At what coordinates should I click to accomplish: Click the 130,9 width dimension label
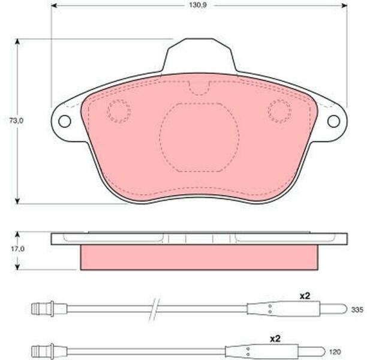(x=198, y=5)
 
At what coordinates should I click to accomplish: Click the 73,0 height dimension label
(x=16, y=121)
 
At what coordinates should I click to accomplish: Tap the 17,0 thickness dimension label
(x=17, y=249)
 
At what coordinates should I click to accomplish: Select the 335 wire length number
(x=357, y=310)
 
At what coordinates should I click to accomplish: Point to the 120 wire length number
(x=335, y=352)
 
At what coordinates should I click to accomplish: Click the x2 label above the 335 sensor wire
(x=305, y=296)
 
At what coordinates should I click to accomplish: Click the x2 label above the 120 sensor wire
(x=275, y=338)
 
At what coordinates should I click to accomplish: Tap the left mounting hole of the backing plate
(x=65, y=121)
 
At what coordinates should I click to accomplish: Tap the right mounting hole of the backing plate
(x=333, y=121)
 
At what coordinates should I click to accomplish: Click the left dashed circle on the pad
(x=119, y=111)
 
